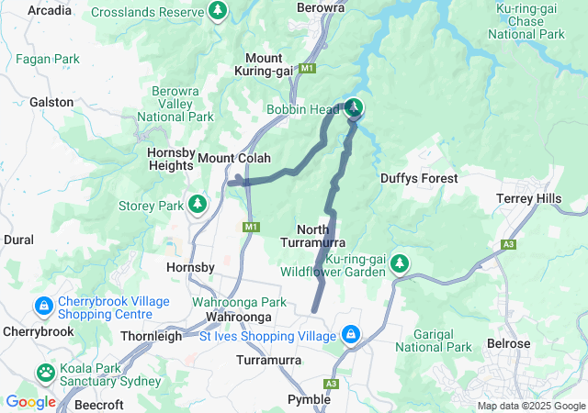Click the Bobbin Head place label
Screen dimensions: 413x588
pos(303,110)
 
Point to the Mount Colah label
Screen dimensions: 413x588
pos(234,158)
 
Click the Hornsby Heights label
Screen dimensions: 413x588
pos(170,158)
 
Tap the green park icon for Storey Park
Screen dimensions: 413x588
pos(196,203)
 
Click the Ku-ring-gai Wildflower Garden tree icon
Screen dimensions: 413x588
pos(399,264)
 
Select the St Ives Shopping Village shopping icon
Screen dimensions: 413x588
pos(350,335)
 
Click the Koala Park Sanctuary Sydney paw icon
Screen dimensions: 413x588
pos(46,373)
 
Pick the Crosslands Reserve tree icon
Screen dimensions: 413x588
pos(218,11)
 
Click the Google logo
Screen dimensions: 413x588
pos(30,401)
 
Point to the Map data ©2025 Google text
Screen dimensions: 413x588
pos(530,406)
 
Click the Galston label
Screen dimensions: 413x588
pos(51,102)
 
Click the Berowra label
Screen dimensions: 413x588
pos(321,7)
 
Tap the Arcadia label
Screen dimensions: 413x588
pos(51,10)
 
